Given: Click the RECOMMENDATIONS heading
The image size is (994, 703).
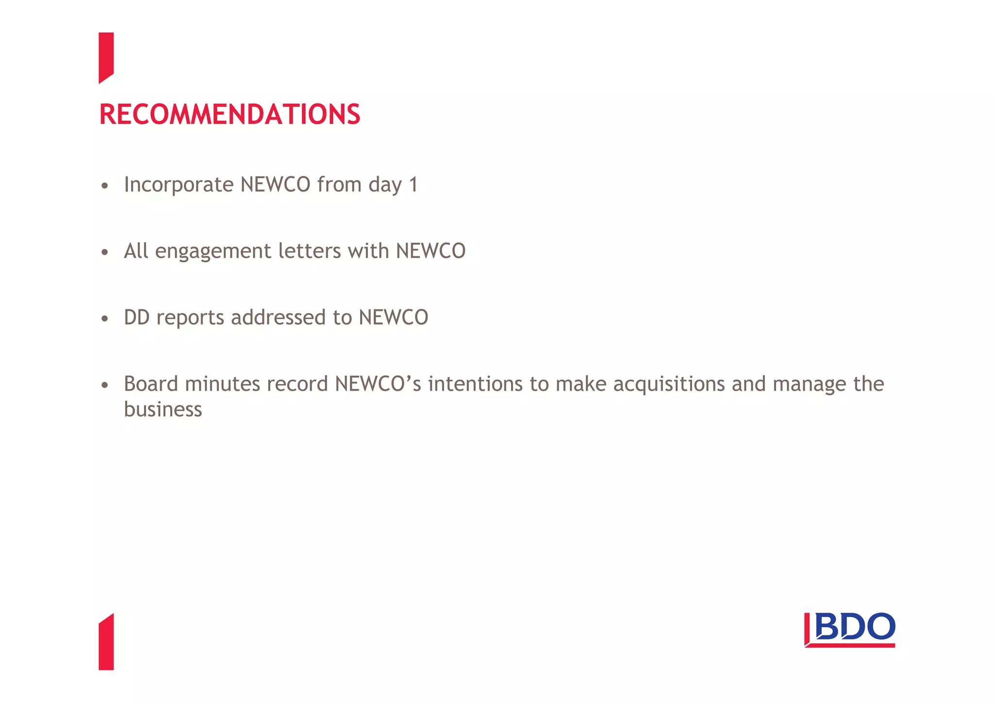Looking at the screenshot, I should [230, 115].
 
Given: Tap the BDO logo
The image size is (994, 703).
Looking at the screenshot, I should [849, 630].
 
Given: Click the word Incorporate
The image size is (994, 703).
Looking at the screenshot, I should [179, 185].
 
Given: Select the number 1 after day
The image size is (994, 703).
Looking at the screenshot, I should [413, 185].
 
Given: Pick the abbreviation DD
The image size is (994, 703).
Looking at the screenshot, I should [136, 318].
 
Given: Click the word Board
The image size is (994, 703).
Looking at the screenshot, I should [151, 384].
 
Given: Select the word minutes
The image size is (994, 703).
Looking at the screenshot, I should [223, 384].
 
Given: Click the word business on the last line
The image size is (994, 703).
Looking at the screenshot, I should [163, 409].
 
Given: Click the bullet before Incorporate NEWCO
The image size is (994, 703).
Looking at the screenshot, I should [104, 186].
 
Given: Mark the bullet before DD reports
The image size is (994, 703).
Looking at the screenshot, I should [104, 319].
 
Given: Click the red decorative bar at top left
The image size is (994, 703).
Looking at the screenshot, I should [106, 57].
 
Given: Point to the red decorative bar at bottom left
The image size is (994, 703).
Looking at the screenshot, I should [106, 642].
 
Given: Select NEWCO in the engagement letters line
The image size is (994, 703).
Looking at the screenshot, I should [431, 251].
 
